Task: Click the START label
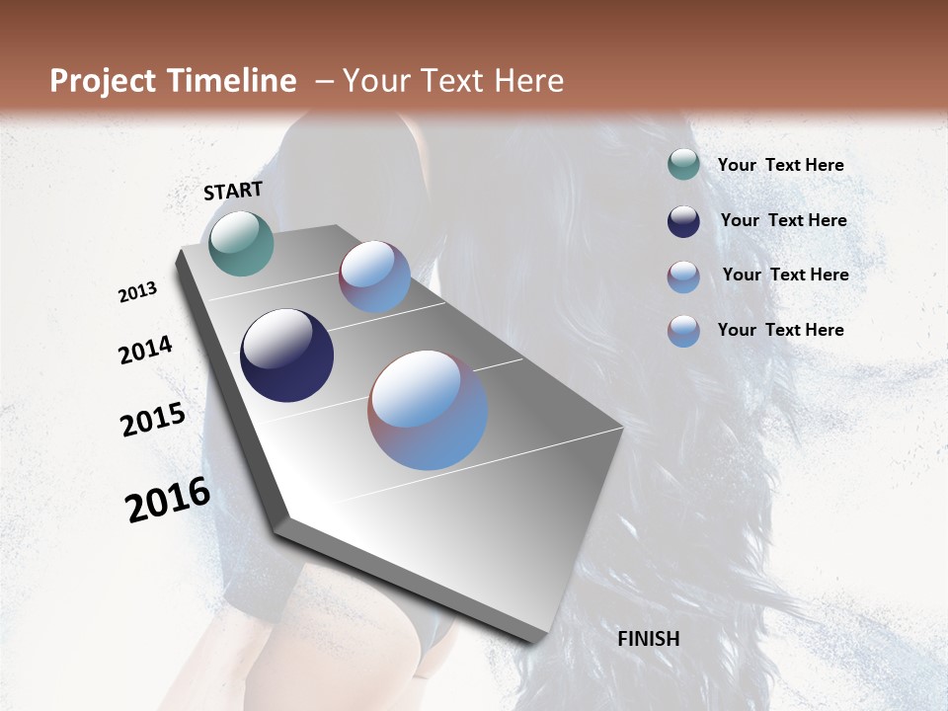(233, 191)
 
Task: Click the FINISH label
(648, 639)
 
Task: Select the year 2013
(138, 292)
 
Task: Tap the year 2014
(146, 350)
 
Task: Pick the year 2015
(153, 420)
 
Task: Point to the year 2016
(168, 500)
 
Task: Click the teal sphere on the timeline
(241, 243)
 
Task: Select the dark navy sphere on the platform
(286, 355)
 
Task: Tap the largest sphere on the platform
(427, 409)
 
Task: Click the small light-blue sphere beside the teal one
(374, 276)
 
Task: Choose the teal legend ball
(683, 164)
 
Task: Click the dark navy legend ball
(683, 221)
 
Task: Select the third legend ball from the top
(683, 276)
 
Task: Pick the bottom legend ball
(683, 331)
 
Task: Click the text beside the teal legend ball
(780, 165)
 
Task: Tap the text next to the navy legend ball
(783, 220)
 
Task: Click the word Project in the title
(103, 81)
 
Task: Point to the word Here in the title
(527, 81)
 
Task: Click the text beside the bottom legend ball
(780, 330)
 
